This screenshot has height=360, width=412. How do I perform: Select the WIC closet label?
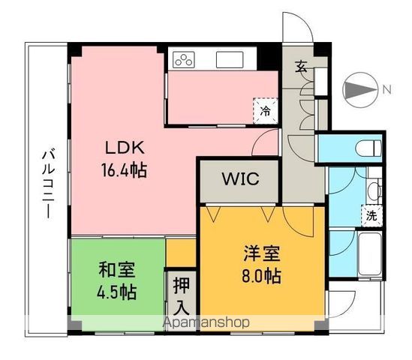[x=240, y=179]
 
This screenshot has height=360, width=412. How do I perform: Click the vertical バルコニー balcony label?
[x=47, y=180]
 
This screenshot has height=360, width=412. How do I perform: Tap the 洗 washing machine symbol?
[x=371, y=213]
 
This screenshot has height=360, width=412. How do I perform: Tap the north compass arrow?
[x=360, y=90]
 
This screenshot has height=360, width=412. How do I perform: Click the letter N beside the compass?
[x=386, y=90]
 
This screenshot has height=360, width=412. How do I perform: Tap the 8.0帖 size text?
[x=262, y=276]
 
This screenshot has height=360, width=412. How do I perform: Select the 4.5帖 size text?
[x=116, y=291]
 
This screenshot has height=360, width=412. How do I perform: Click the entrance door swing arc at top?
[x=302, y=26]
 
